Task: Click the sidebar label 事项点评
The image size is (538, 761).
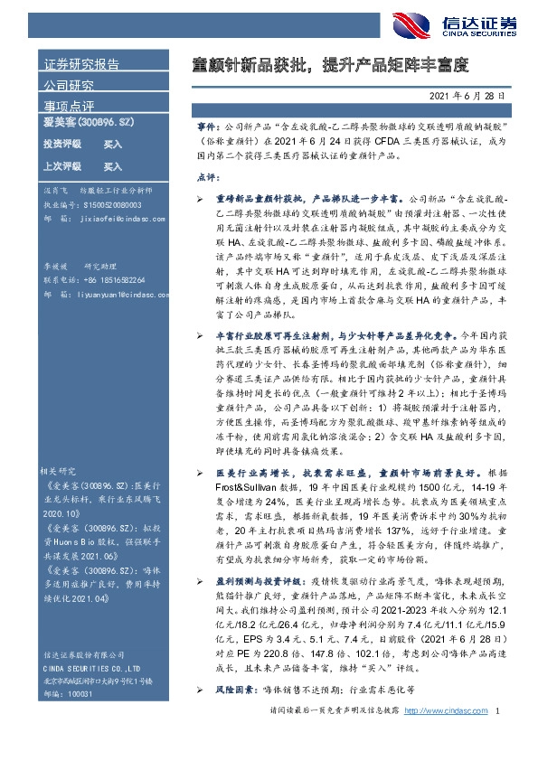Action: click(69, 107)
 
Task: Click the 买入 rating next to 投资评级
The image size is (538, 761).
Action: click(112, 145)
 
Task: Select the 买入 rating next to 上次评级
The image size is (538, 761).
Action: click(112, 167)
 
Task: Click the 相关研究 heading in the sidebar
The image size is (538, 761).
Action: click(61, 472)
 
